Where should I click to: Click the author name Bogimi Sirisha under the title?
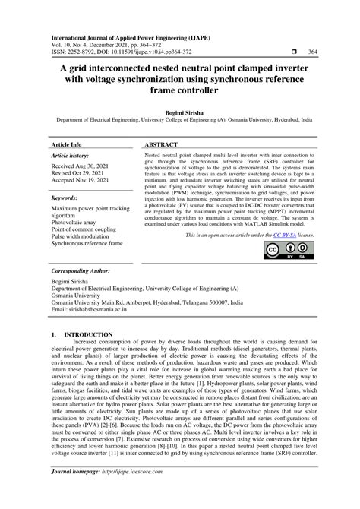click(179, 111)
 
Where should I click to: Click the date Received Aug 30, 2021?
click(84, 166)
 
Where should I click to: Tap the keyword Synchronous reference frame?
click(87, 244)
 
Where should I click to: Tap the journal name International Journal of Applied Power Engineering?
click(120, 36)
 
